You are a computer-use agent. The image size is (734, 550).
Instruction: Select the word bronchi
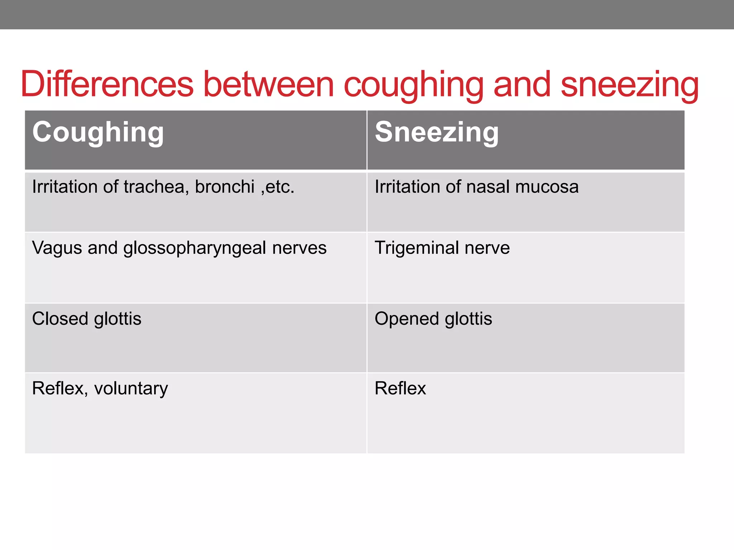click(225, 187)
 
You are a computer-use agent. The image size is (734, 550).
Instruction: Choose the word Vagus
click(57, 248)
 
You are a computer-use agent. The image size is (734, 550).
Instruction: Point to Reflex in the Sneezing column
click(400, 388)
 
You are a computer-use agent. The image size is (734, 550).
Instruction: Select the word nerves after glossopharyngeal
click(299, 248)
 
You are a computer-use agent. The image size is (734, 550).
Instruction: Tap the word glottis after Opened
click(468, 319)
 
